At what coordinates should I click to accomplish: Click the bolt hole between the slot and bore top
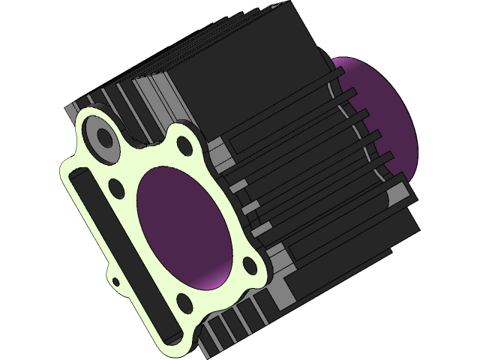[116, 184]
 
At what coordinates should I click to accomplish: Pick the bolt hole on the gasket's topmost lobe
[181, 148]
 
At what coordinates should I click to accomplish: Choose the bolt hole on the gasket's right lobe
[247, 263]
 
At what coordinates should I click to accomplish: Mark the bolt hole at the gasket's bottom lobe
[182, 302]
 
